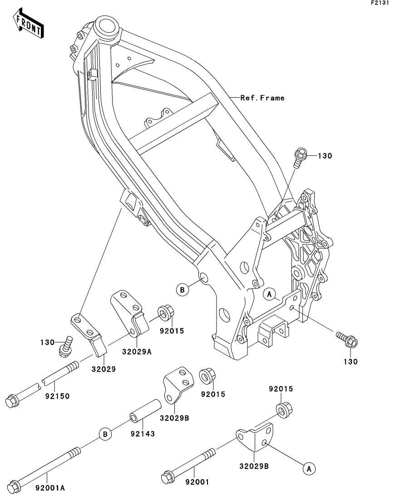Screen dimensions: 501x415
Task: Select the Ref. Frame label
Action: pos(262,98)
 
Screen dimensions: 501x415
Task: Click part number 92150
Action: pos(57,396)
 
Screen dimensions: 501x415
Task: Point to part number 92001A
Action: pos(50,488)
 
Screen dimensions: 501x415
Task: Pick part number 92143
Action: pos(143,434)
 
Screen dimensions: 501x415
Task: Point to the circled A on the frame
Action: pos(269,295)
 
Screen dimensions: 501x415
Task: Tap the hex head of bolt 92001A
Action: pos(15,486)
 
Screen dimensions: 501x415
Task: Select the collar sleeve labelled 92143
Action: pos(145,411)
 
